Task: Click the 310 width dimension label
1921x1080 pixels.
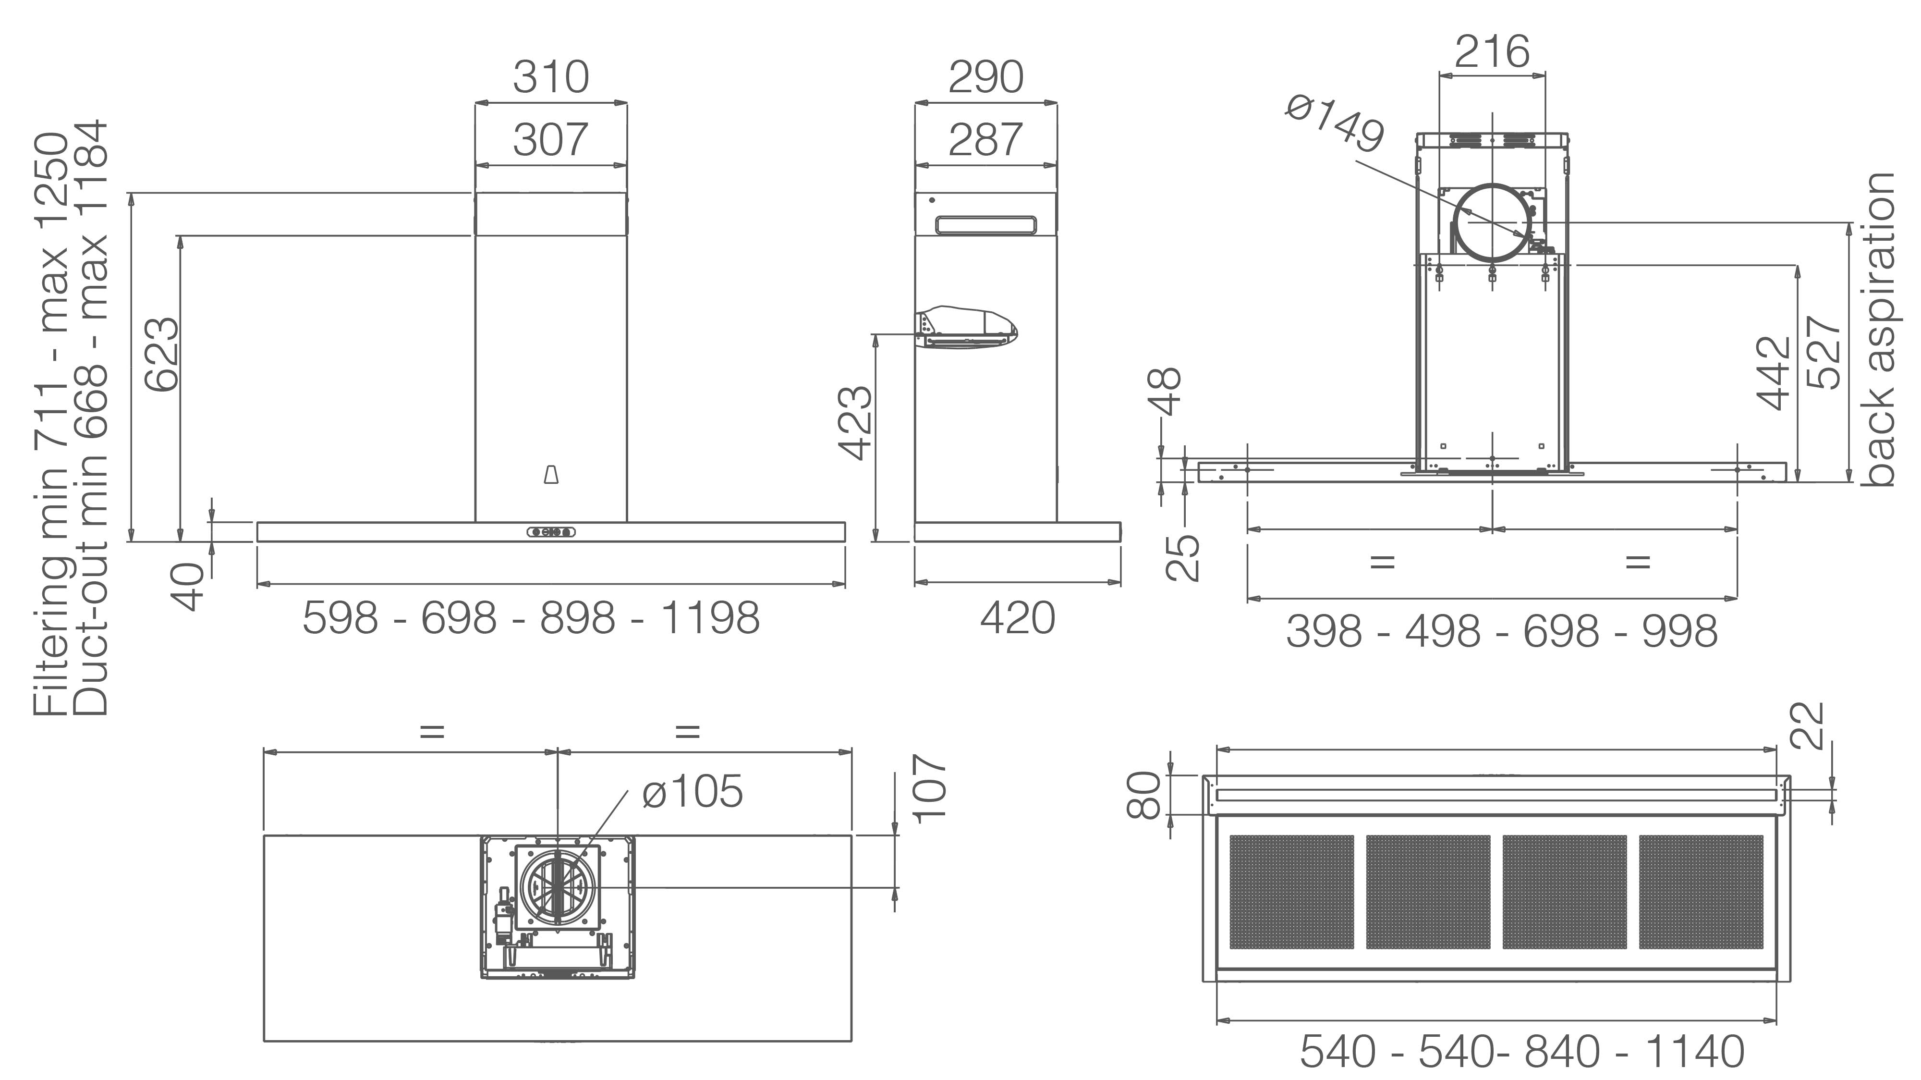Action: pyautogui.click(x=551, y=77)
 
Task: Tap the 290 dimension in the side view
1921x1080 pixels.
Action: pyautogui.click(x=986, y=77)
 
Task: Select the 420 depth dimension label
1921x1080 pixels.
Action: pyautogui.click(x=1017, y=618)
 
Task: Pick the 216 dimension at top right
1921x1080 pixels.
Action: pyautogui.click(x=1492, y=51)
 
